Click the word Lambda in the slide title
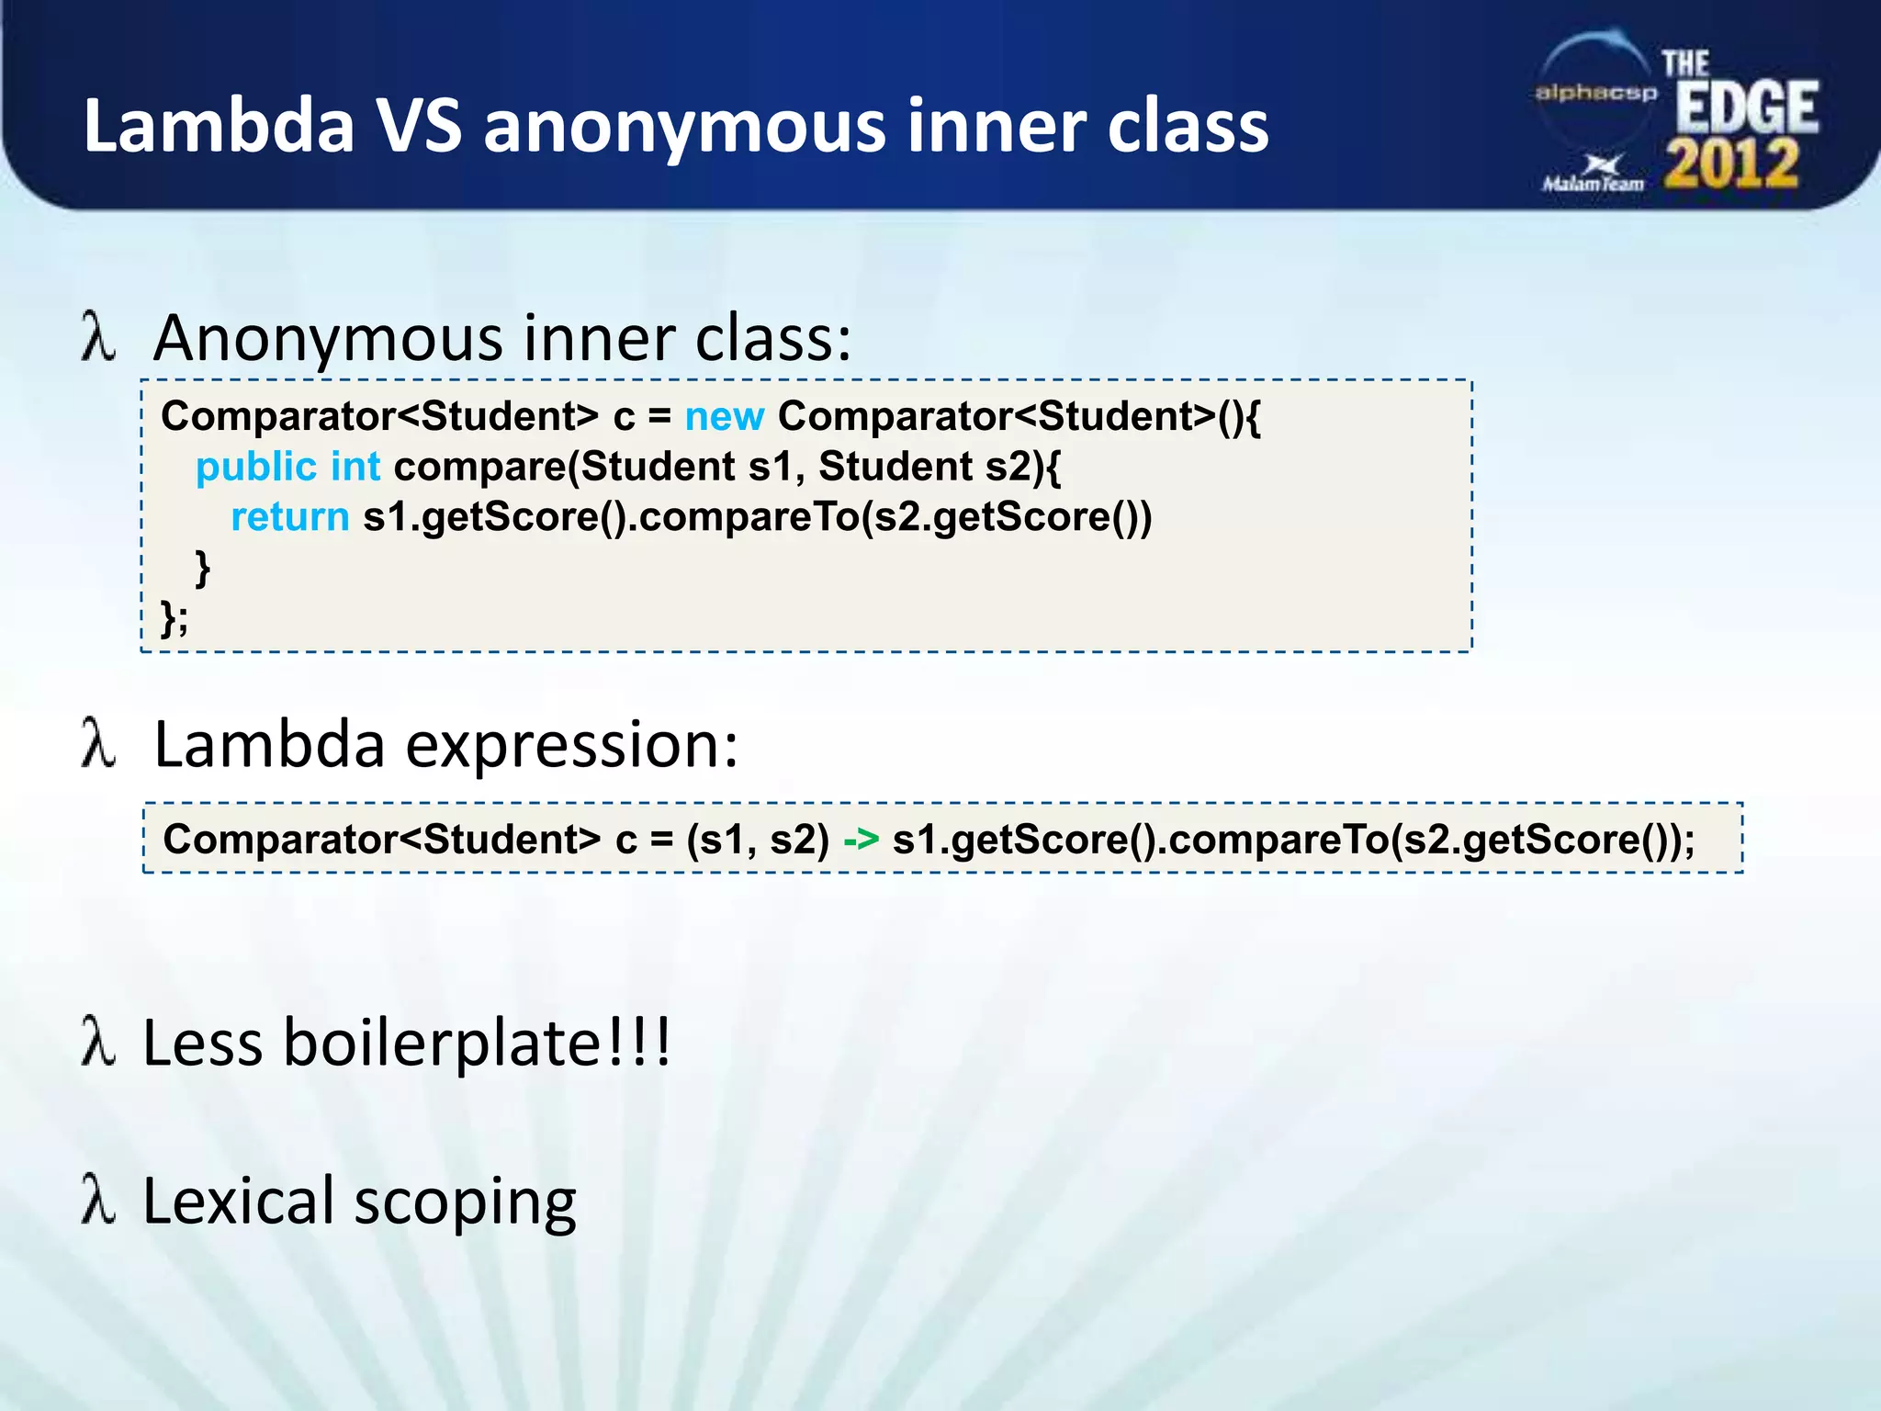click(x=219, y=126)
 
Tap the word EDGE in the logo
click(x=1746, y=108)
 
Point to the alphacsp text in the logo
click(x=1596, y=93)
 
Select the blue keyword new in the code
click(x=724, y=417)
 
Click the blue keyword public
click(x=255, y=467)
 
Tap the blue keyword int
click(x=355, y=467)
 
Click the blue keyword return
click(x=289, y=517)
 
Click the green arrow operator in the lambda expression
click(x=861, y=840)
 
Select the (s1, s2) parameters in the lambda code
click(x=758, y=840)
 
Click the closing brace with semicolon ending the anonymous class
click(x=174, y=617)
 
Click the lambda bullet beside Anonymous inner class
click(x=98, y=337)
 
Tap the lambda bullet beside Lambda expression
click(x=98, y=743)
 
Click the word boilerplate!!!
click(x=477, y=1044)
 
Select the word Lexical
click(x=238, y=1202)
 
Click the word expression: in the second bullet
click(x=571, y=745)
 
